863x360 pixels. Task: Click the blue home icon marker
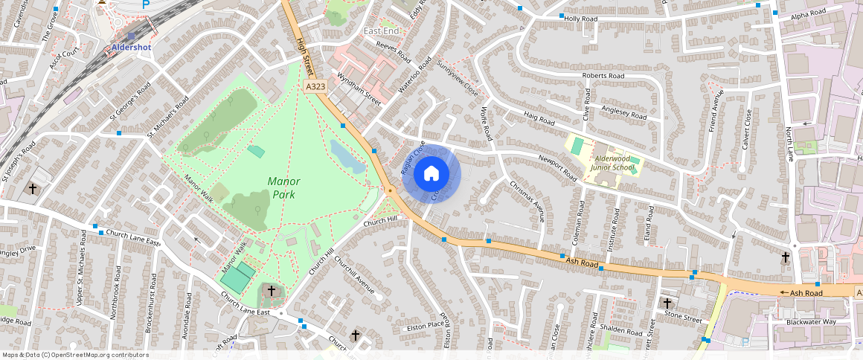(431, 174)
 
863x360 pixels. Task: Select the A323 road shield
(315, 87)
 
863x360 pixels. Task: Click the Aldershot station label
(131, 47)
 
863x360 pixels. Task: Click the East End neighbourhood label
(381, 30)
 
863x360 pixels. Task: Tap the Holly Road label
(581, 18)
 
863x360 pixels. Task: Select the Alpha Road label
(809, 13)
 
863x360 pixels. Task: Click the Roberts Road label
(603, 76)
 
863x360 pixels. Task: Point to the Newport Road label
(558, 167)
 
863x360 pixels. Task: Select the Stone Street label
(683, 315)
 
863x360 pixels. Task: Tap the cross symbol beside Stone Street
(667, 303)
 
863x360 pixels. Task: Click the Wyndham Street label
(359, 89)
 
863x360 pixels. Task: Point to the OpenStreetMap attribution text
(74, 355)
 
